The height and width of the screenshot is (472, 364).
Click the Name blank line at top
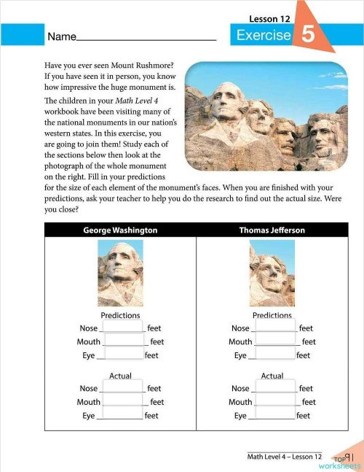tap(146, 38)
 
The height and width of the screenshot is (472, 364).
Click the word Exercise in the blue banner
tap(264, 36)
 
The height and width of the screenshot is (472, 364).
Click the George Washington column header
tap(120, 230)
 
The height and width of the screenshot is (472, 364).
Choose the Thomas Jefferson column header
tap(272, 230)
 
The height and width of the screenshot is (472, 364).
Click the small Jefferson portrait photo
tap(272, 274)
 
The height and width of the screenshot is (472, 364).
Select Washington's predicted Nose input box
tap(124, 328)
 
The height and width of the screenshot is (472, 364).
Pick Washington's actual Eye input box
tap(121, 415)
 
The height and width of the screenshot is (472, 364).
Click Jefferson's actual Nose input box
tap(274, 388)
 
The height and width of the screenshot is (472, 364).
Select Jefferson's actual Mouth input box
tap(276, 401)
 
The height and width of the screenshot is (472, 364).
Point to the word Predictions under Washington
tap(120, 315)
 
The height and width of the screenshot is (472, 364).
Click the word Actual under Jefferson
tap(272, 376)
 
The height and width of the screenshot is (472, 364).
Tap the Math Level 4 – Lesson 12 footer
tap(284, 457)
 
